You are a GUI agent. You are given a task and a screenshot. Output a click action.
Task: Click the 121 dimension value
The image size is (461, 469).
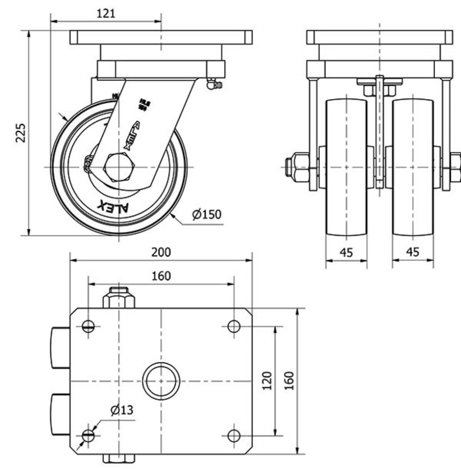(106, 13)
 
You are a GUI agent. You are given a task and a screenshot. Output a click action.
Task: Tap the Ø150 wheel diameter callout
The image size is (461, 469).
(206, 215)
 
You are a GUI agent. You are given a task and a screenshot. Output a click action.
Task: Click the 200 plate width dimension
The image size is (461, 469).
(161, 252)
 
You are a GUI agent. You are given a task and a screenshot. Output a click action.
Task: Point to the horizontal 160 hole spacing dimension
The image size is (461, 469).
(161, 276)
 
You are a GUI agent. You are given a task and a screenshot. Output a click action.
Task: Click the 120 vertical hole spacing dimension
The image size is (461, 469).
(267, 381)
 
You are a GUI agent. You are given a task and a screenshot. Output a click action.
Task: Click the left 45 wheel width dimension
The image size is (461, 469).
(346, 252)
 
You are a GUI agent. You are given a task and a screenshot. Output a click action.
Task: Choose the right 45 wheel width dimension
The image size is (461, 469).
(412, 252)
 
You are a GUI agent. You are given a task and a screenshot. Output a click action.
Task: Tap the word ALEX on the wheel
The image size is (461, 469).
(117, 207)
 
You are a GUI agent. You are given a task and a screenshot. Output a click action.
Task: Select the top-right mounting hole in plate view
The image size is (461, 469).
(234, 327)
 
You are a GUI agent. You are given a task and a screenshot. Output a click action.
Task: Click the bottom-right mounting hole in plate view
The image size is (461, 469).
(234, 435)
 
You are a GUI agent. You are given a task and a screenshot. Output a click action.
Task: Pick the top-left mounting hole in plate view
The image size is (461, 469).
(88, 327)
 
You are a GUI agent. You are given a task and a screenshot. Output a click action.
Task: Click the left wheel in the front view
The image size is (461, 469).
(346, 167)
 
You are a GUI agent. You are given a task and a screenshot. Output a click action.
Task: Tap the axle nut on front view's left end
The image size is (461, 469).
(297, 167)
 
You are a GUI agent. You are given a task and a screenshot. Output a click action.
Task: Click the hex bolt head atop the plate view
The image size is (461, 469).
(119, 298)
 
